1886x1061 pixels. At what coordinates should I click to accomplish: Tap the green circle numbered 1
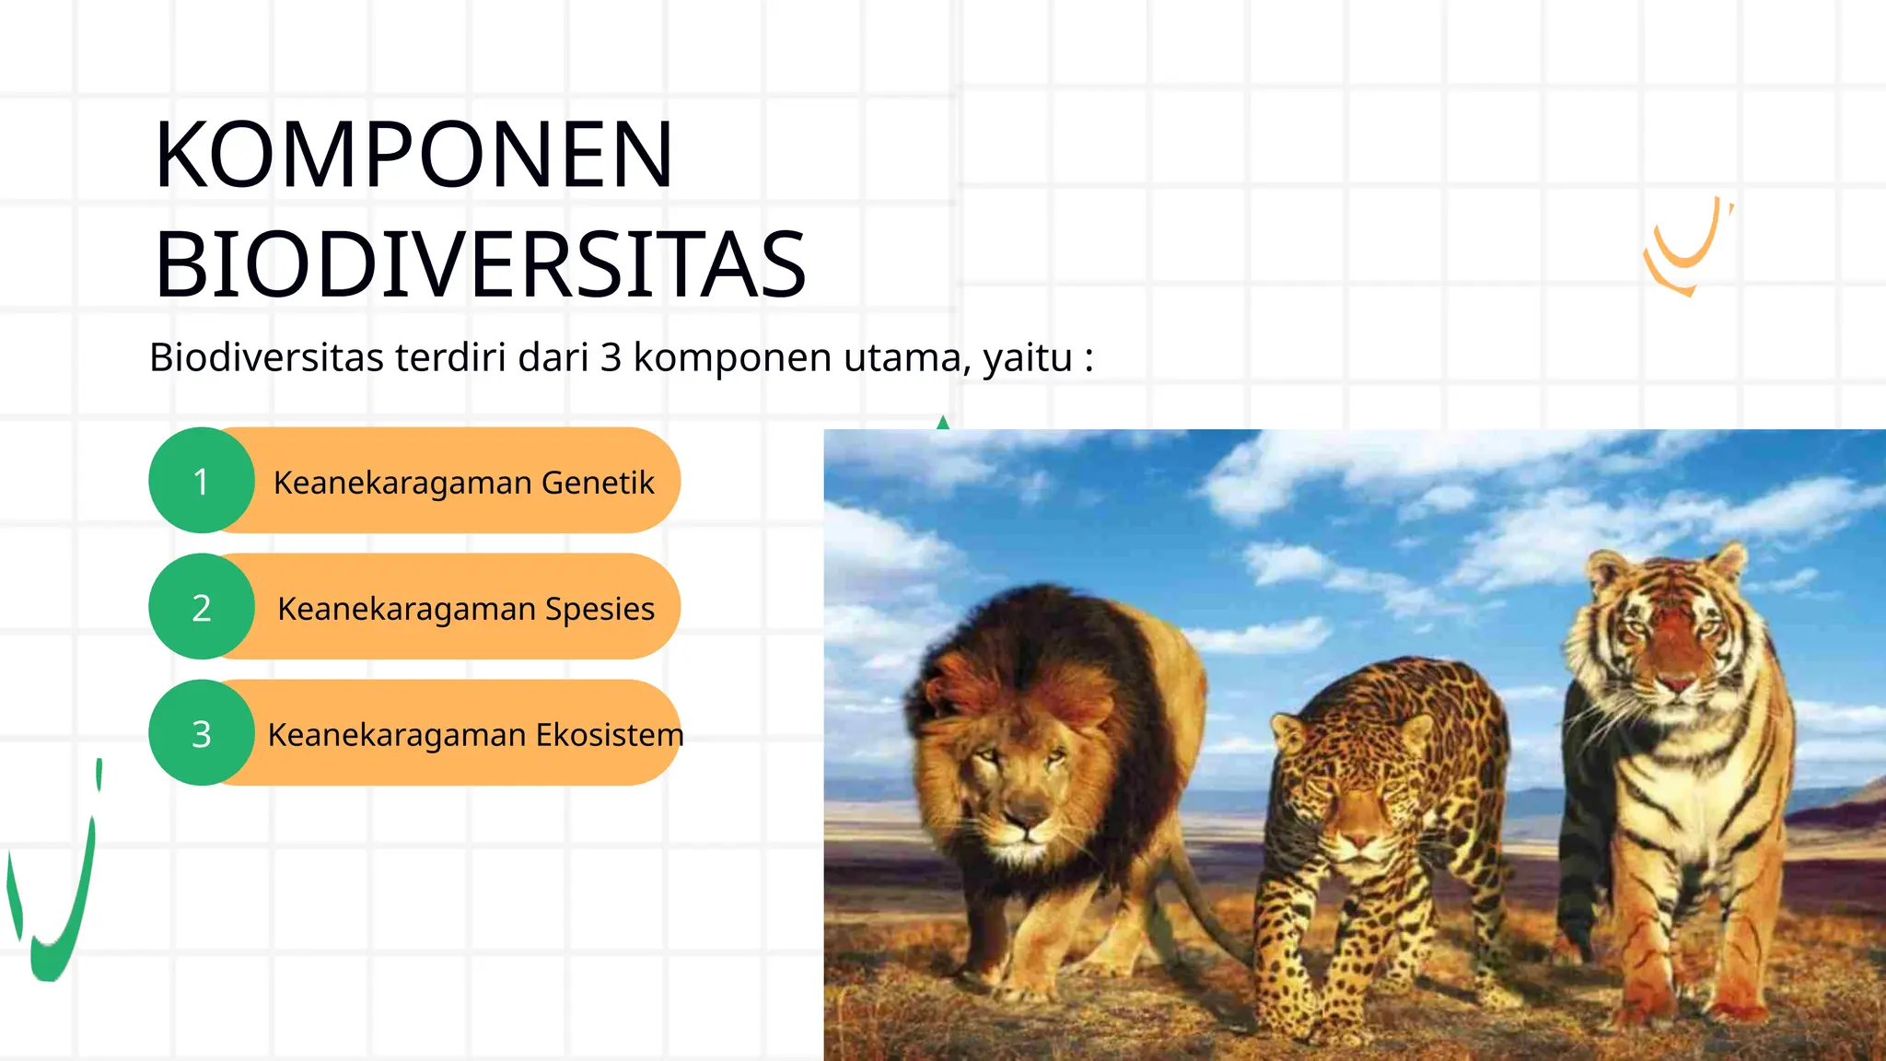202,481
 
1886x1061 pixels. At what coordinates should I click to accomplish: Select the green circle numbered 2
202,607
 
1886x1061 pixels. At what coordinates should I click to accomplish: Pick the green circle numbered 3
202,733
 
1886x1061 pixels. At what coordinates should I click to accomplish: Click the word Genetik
598,483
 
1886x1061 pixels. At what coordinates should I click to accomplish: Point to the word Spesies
600,609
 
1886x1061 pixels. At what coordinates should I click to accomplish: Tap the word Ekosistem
610,735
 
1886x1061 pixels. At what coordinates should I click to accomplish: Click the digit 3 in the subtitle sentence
611,357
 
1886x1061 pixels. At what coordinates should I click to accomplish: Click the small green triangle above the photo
942,423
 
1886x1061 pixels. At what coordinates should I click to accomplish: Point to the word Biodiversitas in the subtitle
266,357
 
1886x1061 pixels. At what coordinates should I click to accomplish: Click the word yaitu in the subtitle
1028,357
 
